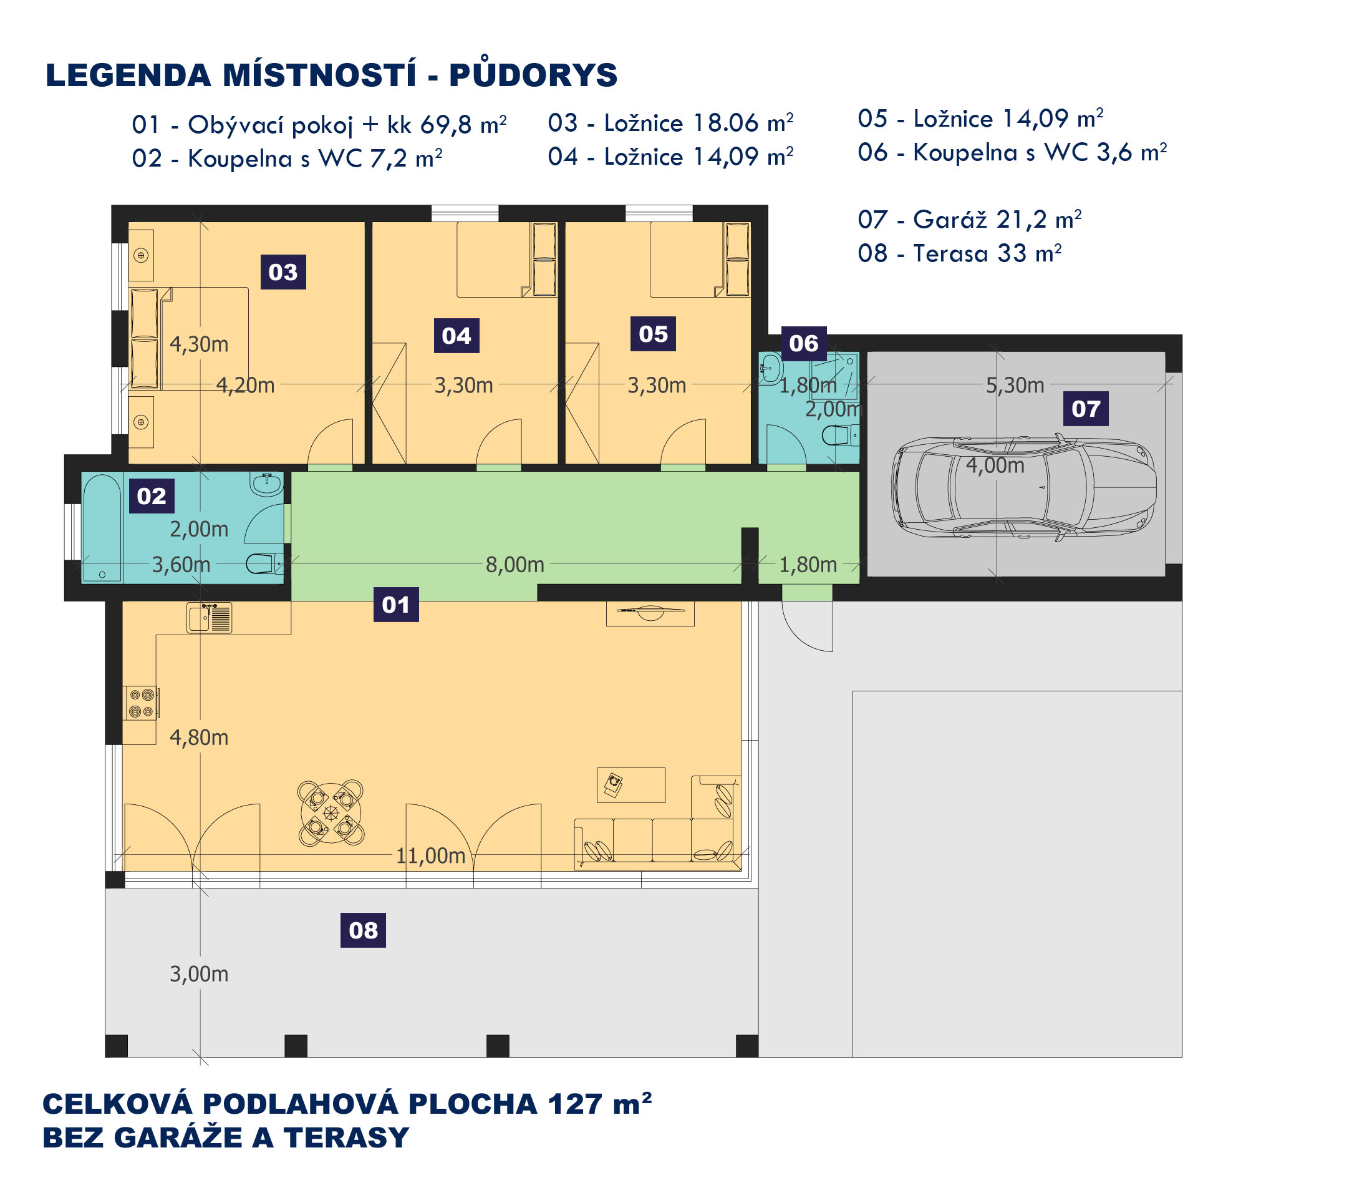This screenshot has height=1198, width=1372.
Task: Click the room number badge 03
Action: tap(283, 272)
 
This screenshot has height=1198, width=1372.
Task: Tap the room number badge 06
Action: tap(803, 343)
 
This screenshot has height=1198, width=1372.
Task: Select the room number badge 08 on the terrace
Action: tap(363, 930)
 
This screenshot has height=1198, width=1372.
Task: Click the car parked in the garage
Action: tap(1024, 487)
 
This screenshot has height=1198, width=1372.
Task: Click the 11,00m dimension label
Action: tap(430, 855)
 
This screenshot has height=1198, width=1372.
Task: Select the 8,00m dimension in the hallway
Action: tap(514, 565)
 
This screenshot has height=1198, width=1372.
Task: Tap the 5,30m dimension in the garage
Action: tap(1015, 385)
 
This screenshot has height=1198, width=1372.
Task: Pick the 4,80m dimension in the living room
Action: tap(199, 738)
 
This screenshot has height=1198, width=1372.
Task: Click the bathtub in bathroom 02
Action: tap(102, 528)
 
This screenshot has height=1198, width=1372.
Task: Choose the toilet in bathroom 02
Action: tap(264, 564)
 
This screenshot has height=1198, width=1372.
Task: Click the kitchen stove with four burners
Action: tap(141, 703)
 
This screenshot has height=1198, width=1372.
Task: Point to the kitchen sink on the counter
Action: tap(209, 617)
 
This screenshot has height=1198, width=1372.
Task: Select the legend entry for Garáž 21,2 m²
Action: tap(970, 220)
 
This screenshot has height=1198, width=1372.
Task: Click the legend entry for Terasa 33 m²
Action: tap(960, 253)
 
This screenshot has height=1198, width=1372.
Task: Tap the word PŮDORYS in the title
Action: tap(533, 75)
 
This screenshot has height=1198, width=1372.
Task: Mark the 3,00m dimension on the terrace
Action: tap(199, 974)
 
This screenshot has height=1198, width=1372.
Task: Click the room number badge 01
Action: tap(395, 605)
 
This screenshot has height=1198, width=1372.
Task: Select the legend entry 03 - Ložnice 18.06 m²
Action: tap(671, 124)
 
